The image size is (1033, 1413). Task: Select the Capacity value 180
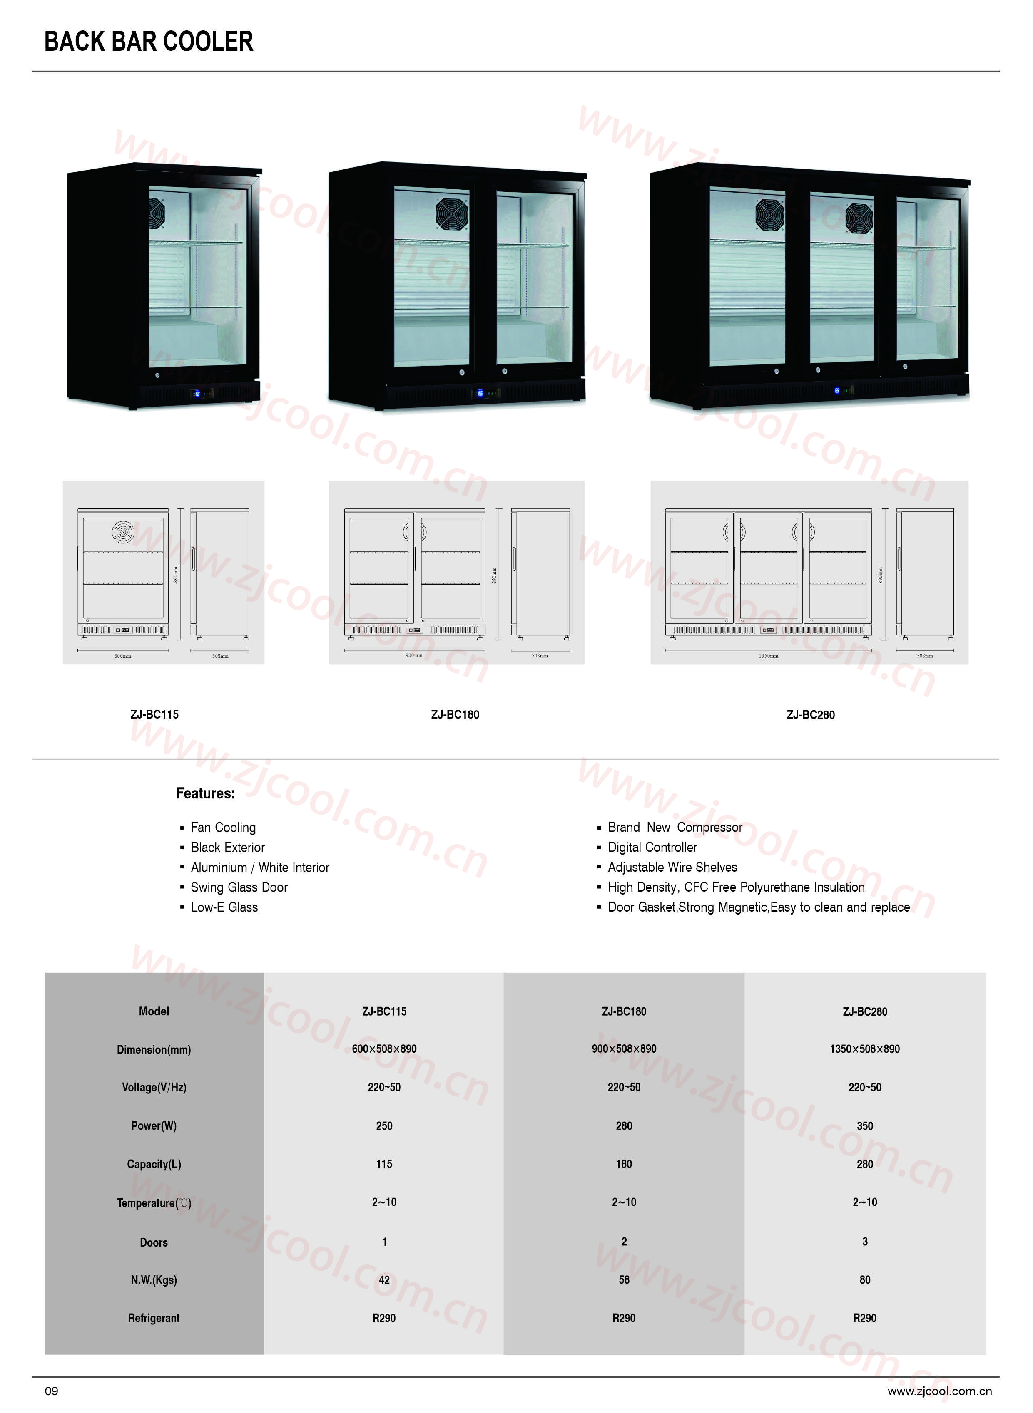click(624, 1164)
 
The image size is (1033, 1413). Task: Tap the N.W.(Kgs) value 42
click(384, 1279)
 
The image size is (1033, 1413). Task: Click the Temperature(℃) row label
click(154, 1202)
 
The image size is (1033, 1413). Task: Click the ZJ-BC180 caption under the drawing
click(455, 714)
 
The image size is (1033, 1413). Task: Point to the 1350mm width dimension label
click(769, 656)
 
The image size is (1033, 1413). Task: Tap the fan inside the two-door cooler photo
click(452, 216)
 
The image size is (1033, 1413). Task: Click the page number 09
click(51, 1391)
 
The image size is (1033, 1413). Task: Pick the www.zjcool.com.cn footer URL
click(940, 1391)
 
